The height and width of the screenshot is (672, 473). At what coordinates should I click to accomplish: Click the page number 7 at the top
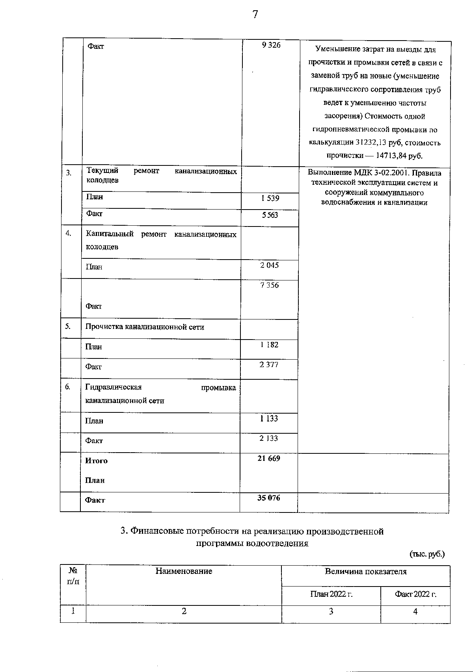point(255,15)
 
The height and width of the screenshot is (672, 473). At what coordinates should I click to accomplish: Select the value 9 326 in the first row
point(271,45)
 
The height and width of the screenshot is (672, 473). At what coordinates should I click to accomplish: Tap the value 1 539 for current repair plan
point(270,198)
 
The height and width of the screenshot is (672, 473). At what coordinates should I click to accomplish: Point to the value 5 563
point(270,215)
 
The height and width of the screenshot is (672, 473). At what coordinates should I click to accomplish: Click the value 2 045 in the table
point(269,265)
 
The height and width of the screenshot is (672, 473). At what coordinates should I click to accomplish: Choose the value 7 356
point(269,285)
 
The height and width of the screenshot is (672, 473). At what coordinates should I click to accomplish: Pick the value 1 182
point(269,345)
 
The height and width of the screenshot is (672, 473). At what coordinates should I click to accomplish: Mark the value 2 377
point(269,365)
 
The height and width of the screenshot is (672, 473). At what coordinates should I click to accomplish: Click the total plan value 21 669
point(269,458)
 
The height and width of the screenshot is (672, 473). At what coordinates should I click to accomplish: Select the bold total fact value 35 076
point(269,498)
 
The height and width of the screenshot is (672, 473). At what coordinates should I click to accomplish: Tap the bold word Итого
point(96,461)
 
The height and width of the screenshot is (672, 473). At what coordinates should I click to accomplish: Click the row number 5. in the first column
point(68,326)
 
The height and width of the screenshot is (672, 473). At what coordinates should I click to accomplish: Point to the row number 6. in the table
point(68,387)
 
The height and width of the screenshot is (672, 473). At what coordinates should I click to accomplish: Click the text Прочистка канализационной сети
point(145,327)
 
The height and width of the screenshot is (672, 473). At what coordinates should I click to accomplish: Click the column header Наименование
point(184,571)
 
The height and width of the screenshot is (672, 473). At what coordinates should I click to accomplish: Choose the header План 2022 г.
point(331,594)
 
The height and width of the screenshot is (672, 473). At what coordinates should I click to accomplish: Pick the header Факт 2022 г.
point(415,594)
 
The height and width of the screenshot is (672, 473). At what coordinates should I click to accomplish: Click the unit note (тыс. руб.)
point(427,554)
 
